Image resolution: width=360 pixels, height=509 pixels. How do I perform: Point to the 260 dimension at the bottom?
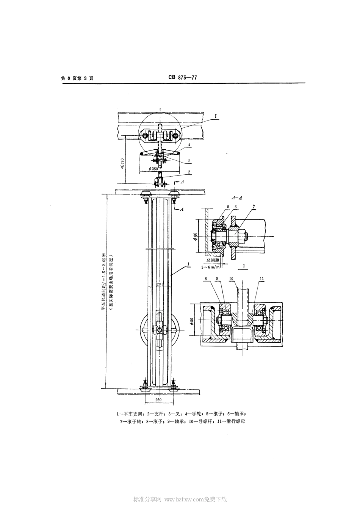[160, 400]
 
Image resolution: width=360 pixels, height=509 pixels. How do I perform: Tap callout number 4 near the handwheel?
[188, 145]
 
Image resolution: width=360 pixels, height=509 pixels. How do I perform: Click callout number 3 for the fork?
[188, 161]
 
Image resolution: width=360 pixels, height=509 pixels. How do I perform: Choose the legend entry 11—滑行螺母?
[231, 421]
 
